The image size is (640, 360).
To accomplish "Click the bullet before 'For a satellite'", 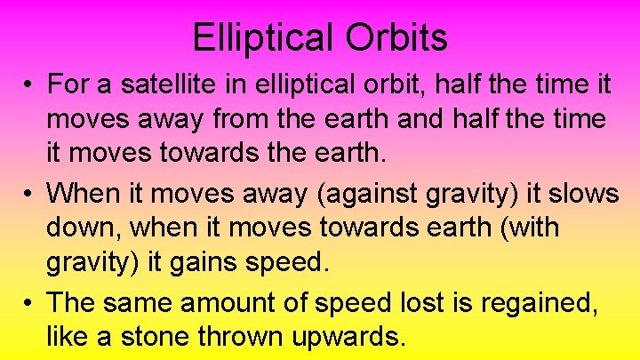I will pyautogui.click(x=29, y=86).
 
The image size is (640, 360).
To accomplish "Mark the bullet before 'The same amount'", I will pyautogui.click(x=29, y=303).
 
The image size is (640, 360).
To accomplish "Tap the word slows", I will pyautogui.click(x=581, y=193).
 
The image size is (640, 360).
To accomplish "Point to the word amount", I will pyautogui.click(x=239, y=301).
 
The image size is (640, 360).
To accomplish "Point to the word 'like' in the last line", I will pyautogui.click(x=68, y=337).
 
